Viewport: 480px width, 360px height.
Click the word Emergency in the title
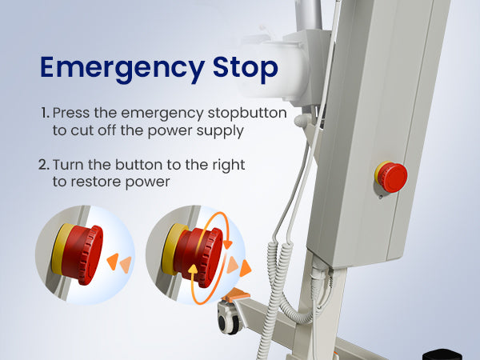pyautogui.click(x=122, y=69)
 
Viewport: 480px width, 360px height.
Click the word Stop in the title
pyautogui.click(x=246, y=68)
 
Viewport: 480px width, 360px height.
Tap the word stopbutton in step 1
pyautogui.click(x=247, y=113)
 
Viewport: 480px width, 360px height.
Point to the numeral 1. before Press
pyautogui.click(x=45, y=113)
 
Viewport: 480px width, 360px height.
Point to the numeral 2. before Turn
pyautogui.click(x=44, y=165)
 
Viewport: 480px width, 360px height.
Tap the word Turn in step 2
pyautogui.click(x=68, y=165)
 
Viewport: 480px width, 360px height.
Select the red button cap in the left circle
pyautogui.click(x=83, y=254)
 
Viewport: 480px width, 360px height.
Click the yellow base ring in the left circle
pyautogui.click(x=60, y=249)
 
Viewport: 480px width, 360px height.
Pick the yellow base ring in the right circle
pyautogui.click(x=171, y=249)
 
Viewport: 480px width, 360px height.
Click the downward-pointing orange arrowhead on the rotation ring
pyautogui.click(x=227, y=244)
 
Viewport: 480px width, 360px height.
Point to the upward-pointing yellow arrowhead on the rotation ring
pyautogui.click(x=193, y=269)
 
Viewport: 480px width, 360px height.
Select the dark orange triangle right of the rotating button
pyautogui.click(x=246, y=268)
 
